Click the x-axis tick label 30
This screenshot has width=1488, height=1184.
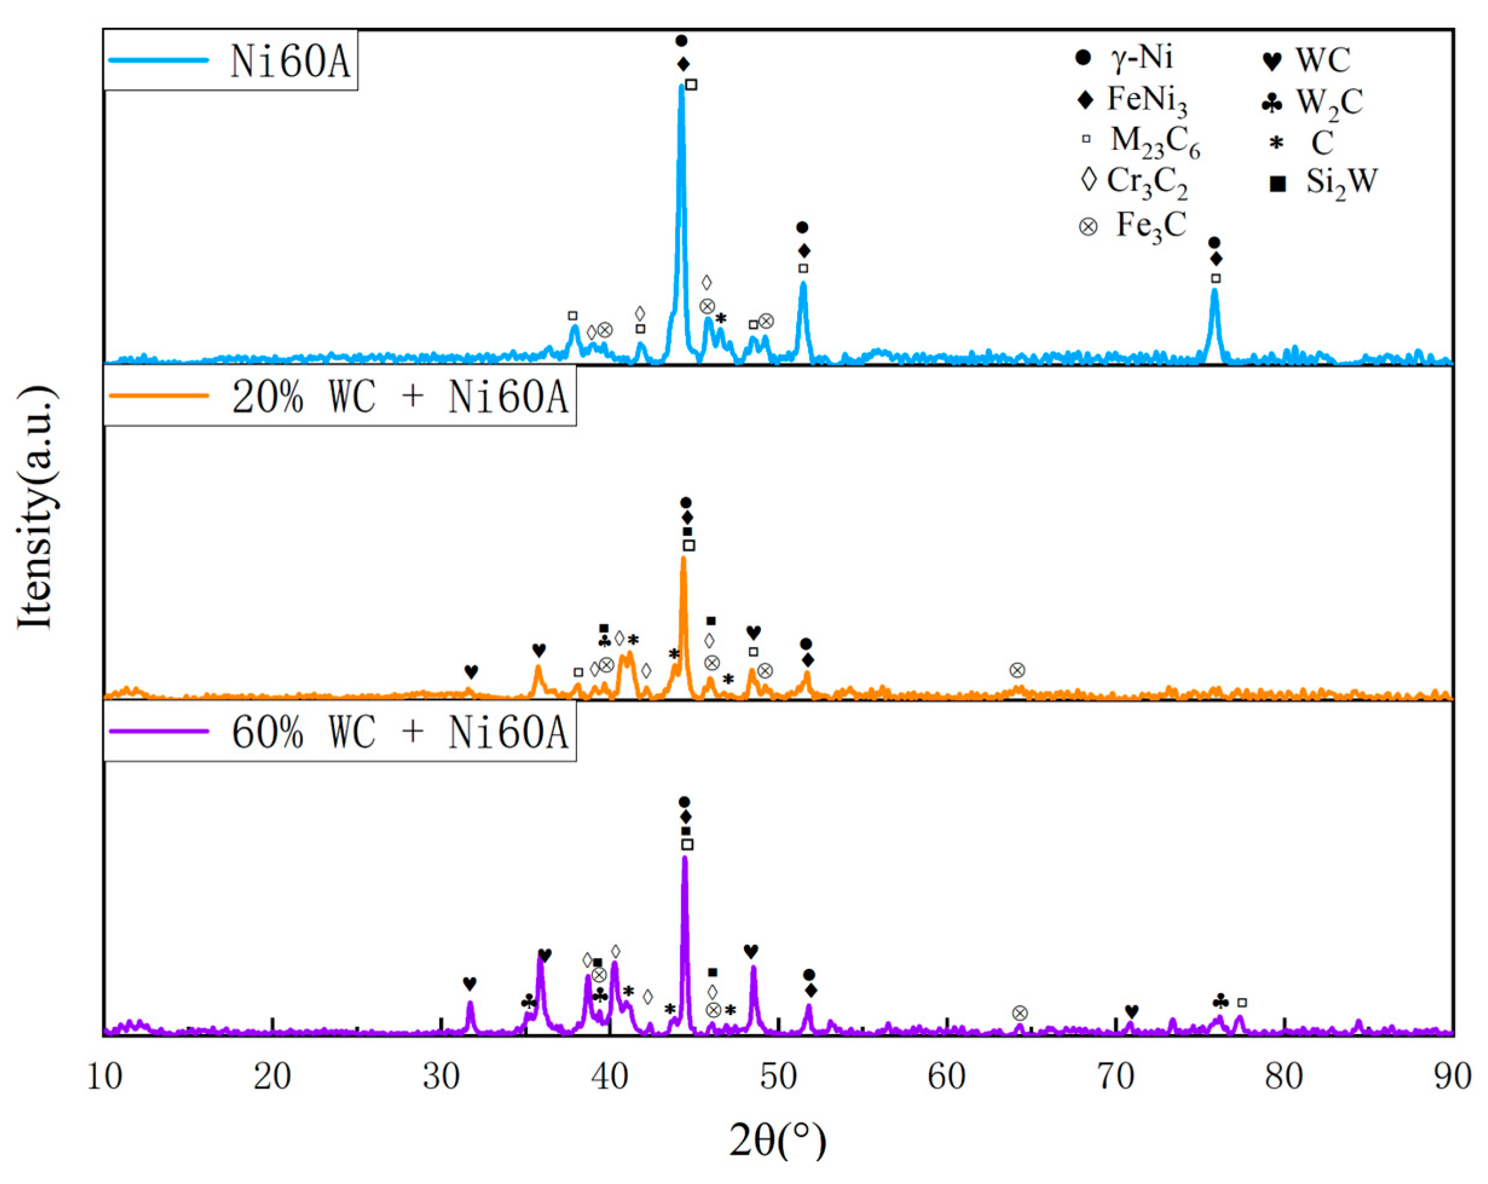point(441,1077)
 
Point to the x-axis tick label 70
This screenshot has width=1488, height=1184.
point(1115,1077)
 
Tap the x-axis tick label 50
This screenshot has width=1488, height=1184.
point(778,1077)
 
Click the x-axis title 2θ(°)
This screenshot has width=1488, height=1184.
point(778,1140)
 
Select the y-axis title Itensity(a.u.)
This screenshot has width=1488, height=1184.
point(36,507)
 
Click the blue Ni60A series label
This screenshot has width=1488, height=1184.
point(290,62)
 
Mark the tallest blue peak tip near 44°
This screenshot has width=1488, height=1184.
point(681,86)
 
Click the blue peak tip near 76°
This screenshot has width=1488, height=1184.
point(1215,290)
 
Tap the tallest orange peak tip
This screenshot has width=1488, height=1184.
point(684,558)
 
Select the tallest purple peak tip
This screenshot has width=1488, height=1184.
point(685,858)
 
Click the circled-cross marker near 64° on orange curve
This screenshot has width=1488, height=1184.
point(1017,670)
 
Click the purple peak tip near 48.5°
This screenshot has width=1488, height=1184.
point(753,967)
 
